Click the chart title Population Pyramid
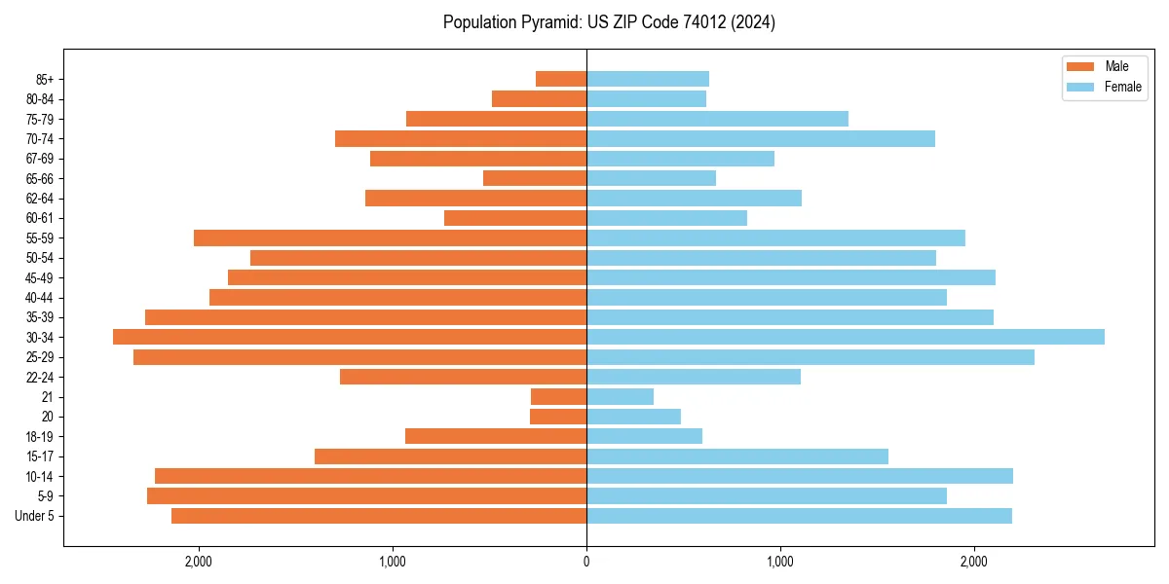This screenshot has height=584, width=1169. coord(609,22)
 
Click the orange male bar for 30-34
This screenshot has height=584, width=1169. coord(350,337)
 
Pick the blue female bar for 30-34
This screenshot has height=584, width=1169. coord(845,337)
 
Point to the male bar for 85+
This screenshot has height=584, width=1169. coord(561,79)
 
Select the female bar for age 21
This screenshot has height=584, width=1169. coord(620,396)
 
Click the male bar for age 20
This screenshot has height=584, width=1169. coord(558,417)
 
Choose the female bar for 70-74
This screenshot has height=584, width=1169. coord(760,139)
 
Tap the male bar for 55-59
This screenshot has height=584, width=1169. coord(390,237)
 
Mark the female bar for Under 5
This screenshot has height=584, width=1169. coord(799,516)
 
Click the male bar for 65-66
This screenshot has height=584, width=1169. coord(535,178)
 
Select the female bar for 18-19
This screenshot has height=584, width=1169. coord(644,436)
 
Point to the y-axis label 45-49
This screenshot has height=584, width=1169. coord(40,277)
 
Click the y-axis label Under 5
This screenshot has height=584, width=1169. coord(35,516)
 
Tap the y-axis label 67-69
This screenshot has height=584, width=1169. coord(40,159)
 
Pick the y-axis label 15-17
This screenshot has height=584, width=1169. coord(40,456)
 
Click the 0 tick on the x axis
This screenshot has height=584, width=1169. coord(586,562)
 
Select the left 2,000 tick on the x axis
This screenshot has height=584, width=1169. coord(198,562)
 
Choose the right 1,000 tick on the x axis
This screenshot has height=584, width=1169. coord(779,562)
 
